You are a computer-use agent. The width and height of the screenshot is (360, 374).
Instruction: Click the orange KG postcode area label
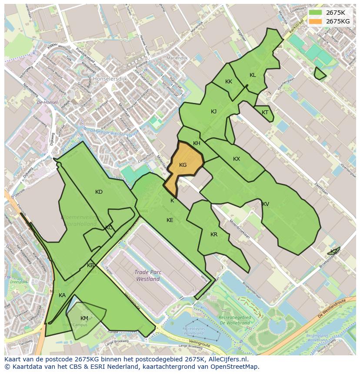coord(183,165)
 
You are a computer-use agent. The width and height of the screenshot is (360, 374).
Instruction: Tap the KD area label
coord(99,192)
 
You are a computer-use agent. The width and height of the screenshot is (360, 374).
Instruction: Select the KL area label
coord(253,75)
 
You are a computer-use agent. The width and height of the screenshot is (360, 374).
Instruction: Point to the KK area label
coord(229,82)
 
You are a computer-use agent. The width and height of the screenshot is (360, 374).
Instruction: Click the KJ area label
coord(214,112)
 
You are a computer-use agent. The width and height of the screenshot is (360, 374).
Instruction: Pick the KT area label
coord(265,113)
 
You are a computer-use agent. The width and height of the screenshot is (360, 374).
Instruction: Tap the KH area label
coord(197,143)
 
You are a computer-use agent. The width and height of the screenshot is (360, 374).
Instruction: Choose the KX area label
coord(237,159)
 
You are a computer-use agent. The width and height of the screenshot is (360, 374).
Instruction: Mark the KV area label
coord(266,204)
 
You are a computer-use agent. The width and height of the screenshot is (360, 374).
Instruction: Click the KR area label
coord(214,235)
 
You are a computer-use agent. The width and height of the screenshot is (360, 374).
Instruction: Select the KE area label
coord(170,220)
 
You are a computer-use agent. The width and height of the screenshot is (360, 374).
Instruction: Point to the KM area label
coord(84,318)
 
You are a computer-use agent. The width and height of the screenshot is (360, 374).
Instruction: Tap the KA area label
coord(62,295)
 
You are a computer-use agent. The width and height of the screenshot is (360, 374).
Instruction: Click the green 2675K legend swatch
coord(316,13)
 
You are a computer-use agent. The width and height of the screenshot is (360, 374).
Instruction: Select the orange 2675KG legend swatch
coord(316,21)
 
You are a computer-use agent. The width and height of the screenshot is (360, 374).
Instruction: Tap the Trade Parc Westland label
coord(148,275)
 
